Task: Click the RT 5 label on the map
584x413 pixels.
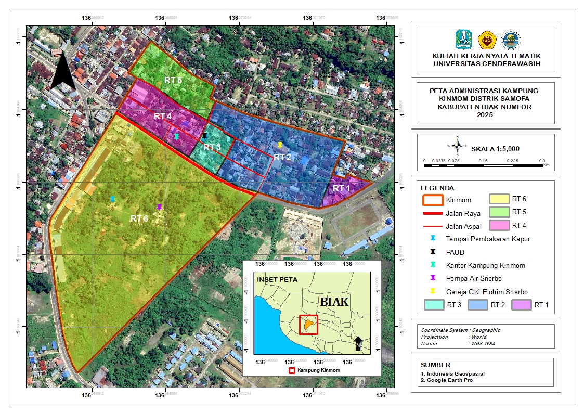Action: click(x=173, y=80)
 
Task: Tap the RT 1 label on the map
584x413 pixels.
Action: click(x=342, y=188)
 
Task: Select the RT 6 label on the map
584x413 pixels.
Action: click(x=139, y=219)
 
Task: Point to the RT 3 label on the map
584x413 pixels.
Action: click(x=212, y=147)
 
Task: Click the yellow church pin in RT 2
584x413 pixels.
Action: click(x=280, y=145)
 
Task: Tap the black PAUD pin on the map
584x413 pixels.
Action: click(x=204, y=135)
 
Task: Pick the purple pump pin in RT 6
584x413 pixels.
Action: click(x=159, y=206)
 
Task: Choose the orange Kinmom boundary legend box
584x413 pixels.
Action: click(x=431, y=199)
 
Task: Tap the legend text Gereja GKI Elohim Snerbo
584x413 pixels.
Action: click(x=487, y=292)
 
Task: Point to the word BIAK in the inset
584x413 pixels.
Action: click(x=334, y=302)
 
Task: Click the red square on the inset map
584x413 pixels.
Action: click(x=308, y=325)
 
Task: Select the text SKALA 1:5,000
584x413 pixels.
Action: click(x=495, y=149)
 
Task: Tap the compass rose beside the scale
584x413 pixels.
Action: click(x=457, y=146)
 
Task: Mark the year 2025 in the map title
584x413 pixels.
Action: click(x=484, y=115)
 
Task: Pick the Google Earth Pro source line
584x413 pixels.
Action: click(x=450, y=380)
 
